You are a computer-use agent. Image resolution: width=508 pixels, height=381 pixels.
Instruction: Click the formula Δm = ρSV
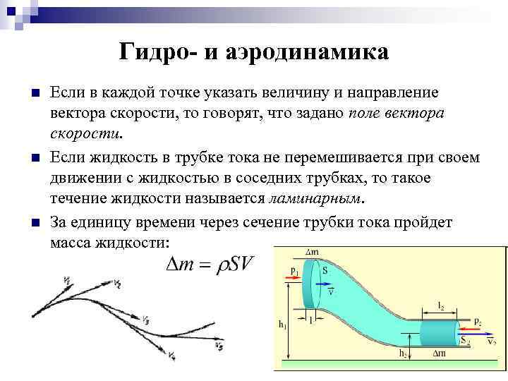pos(209,265)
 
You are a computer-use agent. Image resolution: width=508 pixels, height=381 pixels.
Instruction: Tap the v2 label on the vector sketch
pos(116,284)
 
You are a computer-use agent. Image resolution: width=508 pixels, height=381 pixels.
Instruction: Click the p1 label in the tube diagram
pos(294,270)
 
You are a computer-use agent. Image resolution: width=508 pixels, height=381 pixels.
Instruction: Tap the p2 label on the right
pos(478,321)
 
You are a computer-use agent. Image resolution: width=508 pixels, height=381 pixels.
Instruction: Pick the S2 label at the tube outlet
pos(464,341)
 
